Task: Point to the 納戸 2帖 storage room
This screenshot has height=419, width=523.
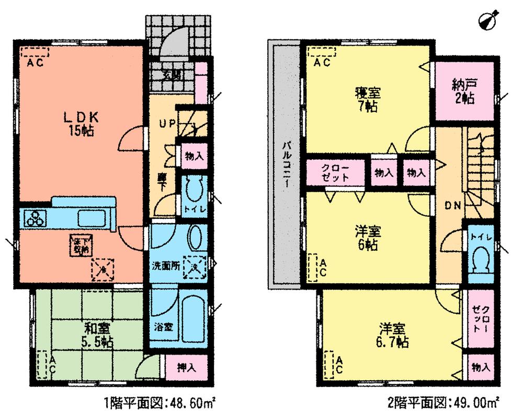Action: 464,91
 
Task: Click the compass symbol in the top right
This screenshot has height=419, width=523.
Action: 488,20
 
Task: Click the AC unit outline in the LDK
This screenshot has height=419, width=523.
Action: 35,52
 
